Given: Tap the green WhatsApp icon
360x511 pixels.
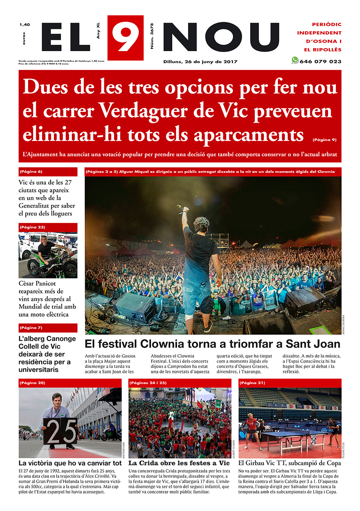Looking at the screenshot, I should [x=295, y=60].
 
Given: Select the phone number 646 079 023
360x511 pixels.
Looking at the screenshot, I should [x=320, y=61].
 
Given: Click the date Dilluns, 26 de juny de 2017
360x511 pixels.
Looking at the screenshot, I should [x=200, y=61].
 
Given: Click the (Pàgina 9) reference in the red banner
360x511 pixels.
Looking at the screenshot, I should [x=324, y=140].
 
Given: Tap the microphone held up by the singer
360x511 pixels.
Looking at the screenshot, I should [x=183, y=210].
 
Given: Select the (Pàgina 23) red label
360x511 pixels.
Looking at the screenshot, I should [x=32, y=227].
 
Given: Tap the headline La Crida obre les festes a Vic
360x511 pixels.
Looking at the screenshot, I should [x=179, y=463].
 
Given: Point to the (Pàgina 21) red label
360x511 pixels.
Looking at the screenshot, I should [x=252, y=383].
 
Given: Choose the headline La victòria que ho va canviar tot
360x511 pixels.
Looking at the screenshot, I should [x=70, y=463].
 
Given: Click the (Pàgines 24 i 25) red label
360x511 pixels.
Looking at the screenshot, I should [x=148, y=383].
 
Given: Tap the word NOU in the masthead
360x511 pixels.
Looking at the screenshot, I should [x=221, y=37].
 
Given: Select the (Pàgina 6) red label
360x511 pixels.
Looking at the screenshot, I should [x=31, y=172].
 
